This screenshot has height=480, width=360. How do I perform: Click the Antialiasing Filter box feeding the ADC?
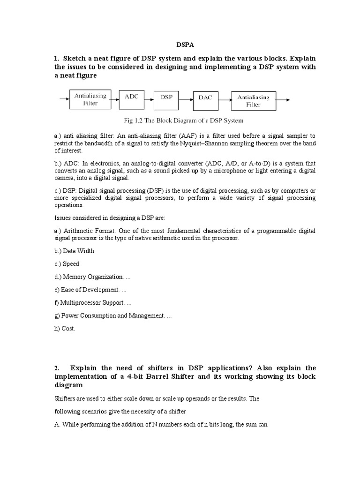[x=90, y=100]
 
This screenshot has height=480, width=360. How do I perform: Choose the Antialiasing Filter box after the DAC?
[x=253, y=101]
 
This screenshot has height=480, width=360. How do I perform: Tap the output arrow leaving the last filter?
[x=283, y=99]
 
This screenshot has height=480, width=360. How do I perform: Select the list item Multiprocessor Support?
[x=89, y=303]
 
